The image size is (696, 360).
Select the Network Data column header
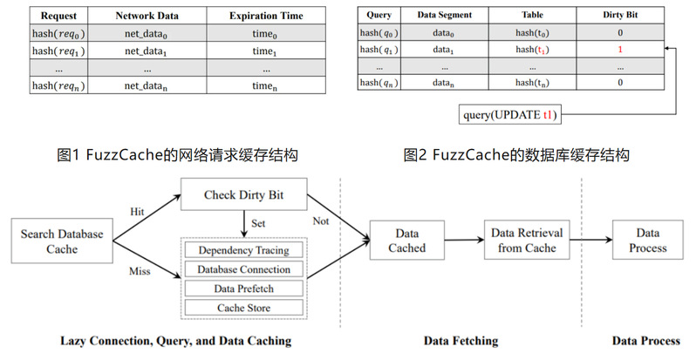pos(147,16)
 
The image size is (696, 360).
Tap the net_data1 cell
pos(147,51)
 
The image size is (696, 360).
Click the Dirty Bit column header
pos(619,16)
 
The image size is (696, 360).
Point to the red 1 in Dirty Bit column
pos(619,50)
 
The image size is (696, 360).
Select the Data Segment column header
pos(445,16)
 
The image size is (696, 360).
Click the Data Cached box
pos(406,241)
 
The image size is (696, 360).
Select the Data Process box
pos(647,241)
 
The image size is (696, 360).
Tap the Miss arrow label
pos(140,271)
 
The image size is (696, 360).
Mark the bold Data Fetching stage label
pos(459,341)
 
